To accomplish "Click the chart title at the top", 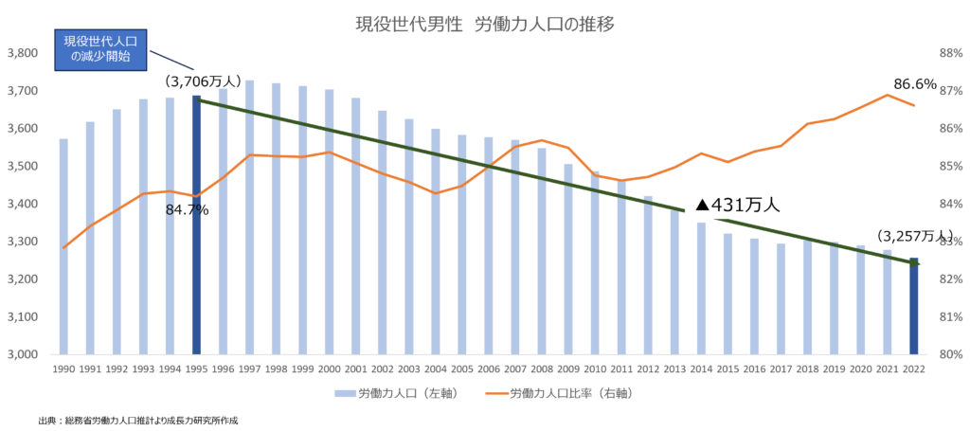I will [485, 25].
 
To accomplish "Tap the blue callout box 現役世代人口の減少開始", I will [100, 50].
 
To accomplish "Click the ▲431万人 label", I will [742, 204].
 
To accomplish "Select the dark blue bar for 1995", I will [197, 224].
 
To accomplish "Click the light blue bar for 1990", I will [63, 246].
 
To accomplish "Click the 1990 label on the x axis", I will [63, 368].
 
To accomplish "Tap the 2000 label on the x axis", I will [329, 368].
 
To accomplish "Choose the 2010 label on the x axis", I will [595, 368].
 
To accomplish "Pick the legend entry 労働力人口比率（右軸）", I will [559, 392].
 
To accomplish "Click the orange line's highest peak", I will [887, 95].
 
